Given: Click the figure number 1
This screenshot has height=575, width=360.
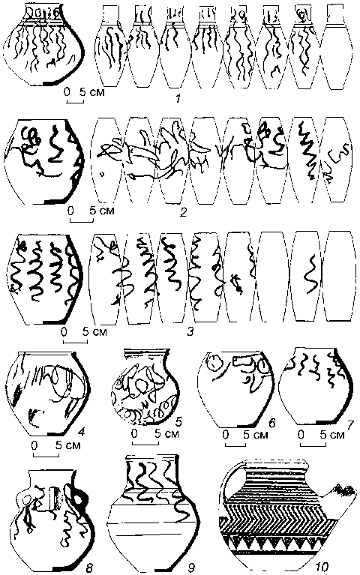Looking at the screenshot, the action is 178,98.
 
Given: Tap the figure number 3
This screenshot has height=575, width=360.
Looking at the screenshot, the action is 190,332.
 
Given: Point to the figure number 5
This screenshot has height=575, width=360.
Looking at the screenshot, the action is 178,423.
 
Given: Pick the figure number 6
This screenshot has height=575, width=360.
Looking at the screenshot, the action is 272,423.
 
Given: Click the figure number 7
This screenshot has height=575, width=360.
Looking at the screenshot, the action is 349,424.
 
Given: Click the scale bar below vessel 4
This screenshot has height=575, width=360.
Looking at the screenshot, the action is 46,455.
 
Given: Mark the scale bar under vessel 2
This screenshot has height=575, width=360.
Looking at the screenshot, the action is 82,220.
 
